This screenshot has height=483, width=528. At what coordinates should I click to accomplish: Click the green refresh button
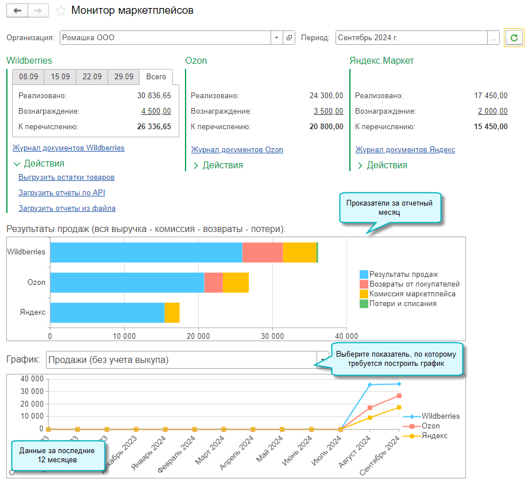click(x=514, y=38)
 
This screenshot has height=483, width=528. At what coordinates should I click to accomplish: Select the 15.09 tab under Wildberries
click(x=60, y=77)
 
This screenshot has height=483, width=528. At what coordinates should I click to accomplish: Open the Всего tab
click(x=156, y=77)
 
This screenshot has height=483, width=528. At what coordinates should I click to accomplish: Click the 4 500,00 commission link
click(x=156, y=111)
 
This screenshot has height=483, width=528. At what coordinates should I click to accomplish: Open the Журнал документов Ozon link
click(x=237, y=150)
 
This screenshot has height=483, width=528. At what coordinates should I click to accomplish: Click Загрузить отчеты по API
click(x=61, y=193)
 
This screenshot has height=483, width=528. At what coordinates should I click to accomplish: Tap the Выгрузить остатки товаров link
click(x=66, y=177)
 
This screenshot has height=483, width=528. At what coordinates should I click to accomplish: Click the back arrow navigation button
click(x=17, y=11)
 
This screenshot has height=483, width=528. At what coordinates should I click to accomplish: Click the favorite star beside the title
click(x=61, y=11)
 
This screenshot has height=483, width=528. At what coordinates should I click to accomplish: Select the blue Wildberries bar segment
click(x=146, y=252)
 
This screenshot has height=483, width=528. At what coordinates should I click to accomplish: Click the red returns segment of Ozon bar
click(x=213, y=283)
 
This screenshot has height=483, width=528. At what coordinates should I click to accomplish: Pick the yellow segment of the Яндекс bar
click(x=172, y=312)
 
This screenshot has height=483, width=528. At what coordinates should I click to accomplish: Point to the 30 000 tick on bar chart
click(x=272, y=336)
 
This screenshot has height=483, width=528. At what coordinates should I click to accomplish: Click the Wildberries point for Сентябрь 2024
click(x=399, y=384)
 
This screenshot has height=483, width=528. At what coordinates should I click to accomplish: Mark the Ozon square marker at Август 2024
click(x=370, y=408)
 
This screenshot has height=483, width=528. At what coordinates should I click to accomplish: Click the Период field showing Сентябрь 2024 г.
click(x=411, y=38)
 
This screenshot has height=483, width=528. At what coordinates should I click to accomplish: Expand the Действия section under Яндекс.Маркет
click(x=381, y=165)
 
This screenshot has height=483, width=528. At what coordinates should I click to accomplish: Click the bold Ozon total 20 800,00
click(x=326, y=127)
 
